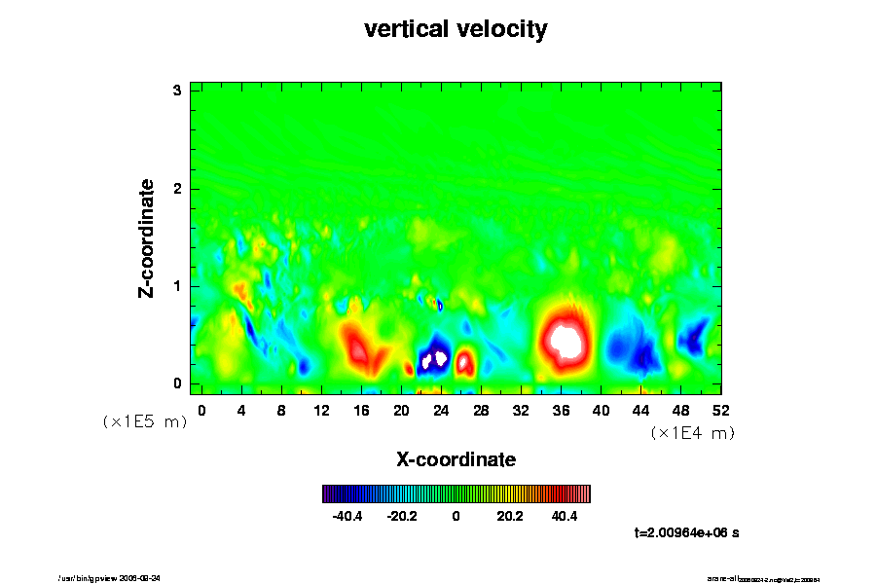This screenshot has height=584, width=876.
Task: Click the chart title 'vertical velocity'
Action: point(456,29)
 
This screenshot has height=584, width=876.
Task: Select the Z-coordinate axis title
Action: point(147,237)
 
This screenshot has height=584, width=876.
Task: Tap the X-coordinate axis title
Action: point(456,458)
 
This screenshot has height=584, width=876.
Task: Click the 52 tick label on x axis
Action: point(720,411)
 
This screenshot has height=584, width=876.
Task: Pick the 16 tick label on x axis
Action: point(361,411)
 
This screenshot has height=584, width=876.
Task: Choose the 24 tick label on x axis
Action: point(441,411)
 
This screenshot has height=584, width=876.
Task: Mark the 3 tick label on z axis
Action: point(178,91)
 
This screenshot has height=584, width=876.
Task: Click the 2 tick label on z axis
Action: point(178,189)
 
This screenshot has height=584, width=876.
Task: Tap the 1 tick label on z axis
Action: point(178,286)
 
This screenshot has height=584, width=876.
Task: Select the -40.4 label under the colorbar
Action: point(347,516)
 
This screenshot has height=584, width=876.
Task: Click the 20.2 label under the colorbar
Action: point(510,516)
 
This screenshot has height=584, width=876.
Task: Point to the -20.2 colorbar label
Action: point(402,516)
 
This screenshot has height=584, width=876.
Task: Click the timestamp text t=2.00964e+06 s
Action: point(688,532)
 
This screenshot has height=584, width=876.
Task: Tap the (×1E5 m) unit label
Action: point(145,421)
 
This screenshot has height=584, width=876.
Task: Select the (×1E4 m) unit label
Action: point(692,433)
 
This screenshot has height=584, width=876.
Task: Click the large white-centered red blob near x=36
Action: point(565,339)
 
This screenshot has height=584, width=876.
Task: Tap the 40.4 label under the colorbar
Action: point(565,516)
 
